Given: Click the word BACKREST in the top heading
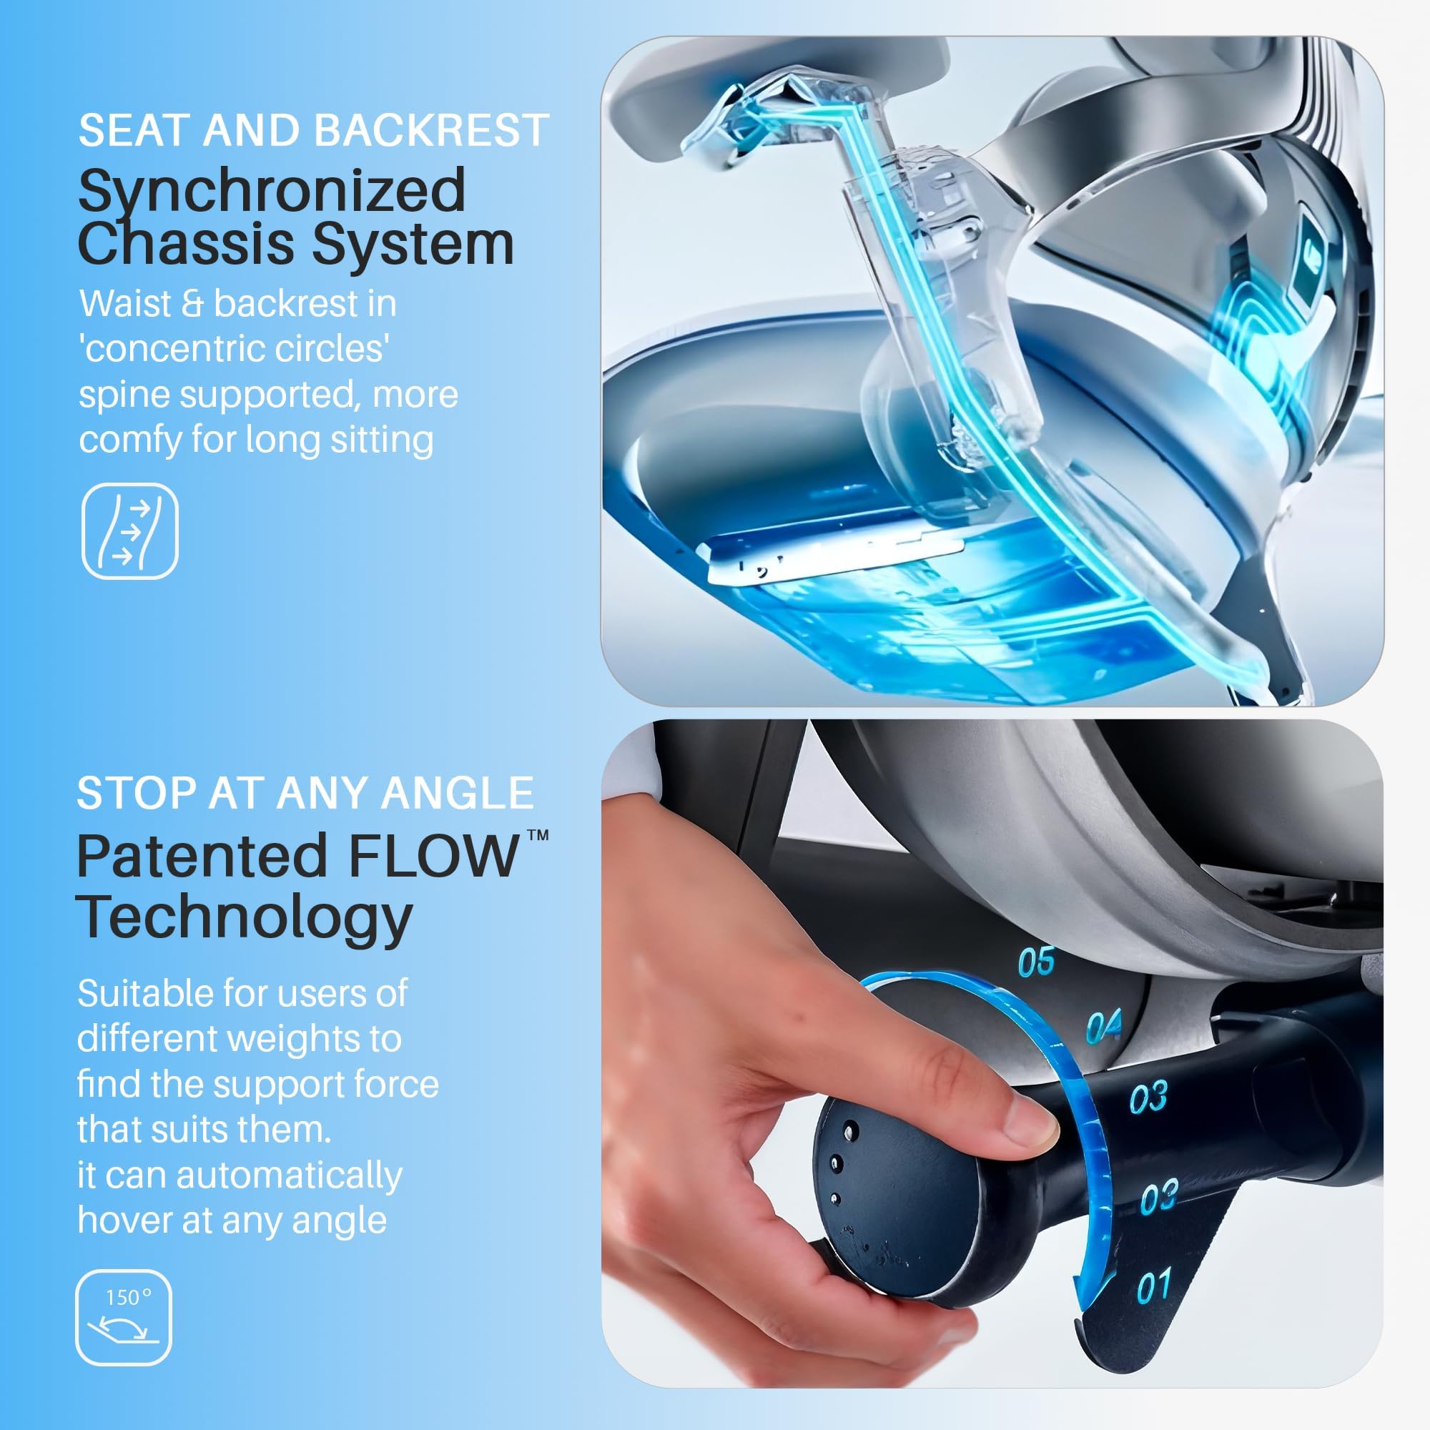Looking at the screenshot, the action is pos(432,130).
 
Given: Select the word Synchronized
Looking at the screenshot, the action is pos(272,191).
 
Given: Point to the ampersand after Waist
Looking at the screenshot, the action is pos(192,304).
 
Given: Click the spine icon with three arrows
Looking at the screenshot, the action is pos(129,531).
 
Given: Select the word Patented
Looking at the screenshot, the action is pos(202,857).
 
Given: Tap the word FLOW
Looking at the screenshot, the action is pos(433,857).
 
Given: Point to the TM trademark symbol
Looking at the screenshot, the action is pos(538,836).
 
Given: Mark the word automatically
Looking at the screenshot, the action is pos(289,1176).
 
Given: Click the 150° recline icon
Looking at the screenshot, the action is pos(124,1318).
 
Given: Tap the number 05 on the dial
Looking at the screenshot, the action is pos(1036,962).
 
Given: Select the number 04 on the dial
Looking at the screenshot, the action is pos(1103,1027).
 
